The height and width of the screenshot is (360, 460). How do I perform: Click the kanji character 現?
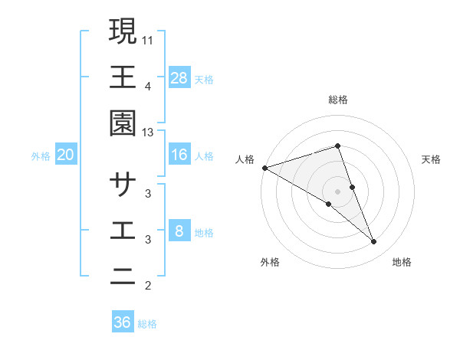point(123,31)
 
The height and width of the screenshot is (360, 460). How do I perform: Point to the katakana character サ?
point(123,185)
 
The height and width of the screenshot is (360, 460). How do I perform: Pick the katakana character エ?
point(123,231)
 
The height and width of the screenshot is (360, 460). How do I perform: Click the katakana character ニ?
point(123,277)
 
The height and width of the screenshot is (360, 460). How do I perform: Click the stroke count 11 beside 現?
point(149,40)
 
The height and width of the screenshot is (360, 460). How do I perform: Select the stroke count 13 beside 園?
point(149,133)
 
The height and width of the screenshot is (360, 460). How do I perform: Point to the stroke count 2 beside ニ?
point(148,286)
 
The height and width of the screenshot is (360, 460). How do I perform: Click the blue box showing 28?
point(179,77)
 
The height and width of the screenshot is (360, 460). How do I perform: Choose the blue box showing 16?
point(179,155)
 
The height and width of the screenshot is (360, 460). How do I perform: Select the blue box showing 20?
point(65,155)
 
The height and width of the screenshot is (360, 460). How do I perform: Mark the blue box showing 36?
point(123,322)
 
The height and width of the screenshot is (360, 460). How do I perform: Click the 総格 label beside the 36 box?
point(147,324)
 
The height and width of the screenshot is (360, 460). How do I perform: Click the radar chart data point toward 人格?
point(264,167)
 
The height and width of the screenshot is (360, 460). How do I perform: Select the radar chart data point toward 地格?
point(374,242)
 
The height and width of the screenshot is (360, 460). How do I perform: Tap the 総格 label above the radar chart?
point(337,100)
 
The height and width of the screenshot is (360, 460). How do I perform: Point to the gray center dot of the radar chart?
point(337,191)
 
